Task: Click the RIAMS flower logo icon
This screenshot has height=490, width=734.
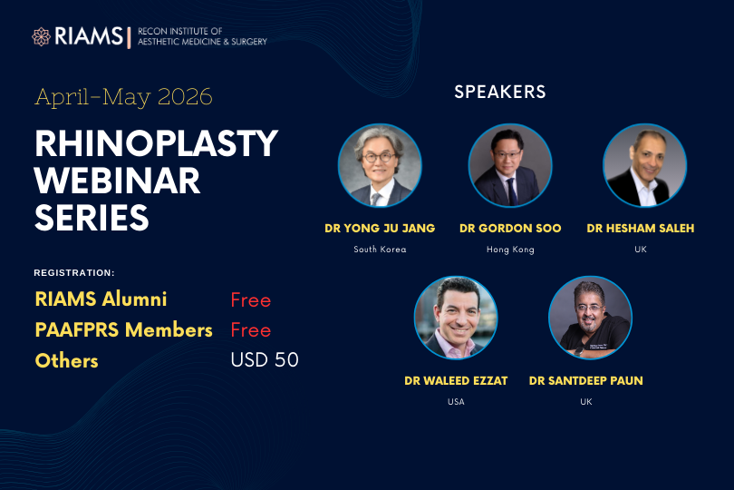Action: coord(41,36)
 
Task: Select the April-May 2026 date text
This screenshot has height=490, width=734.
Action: coord(124,97)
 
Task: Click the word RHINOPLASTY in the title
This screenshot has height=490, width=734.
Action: coord(156,143)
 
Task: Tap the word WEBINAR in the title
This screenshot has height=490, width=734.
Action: coord(118,181)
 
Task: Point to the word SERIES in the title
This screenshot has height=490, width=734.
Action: coord(92,218)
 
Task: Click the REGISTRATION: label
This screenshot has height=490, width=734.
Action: coord(74,272)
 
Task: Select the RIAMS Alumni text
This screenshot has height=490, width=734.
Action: coord(101,299)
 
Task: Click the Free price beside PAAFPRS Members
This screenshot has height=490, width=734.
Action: coord(251,330)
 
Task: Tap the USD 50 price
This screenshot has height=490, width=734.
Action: coord(265,360)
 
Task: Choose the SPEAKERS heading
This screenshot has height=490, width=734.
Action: coord(500,92)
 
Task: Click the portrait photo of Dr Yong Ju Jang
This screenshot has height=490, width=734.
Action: coord(380,165)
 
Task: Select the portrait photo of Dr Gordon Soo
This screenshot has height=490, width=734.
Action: coord(510,165)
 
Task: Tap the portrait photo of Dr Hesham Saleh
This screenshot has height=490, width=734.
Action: coord(644,165)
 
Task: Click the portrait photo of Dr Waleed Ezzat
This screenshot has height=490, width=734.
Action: coord(456,318)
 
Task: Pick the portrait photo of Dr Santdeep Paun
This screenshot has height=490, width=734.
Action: coord(590,318)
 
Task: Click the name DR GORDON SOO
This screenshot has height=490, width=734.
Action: coord(510,229)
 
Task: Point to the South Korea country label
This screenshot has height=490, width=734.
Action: coord(380,250)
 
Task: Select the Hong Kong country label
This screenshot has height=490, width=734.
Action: coord(510,250)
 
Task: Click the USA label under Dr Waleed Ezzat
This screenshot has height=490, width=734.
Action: coord(456,402)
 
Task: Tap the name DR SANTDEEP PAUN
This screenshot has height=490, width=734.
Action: coord(586,381)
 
